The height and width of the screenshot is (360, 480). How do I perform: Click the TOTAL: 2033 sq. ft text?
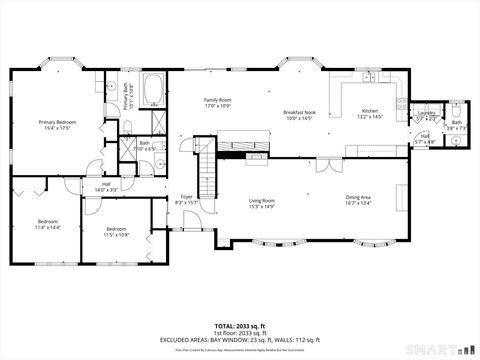point(240,326)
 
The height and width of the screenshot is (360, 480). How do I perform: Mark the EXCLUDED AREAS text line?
point(240,339)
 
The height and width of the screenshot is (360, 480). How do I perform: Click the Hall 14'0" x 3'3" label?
point(105,186)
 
